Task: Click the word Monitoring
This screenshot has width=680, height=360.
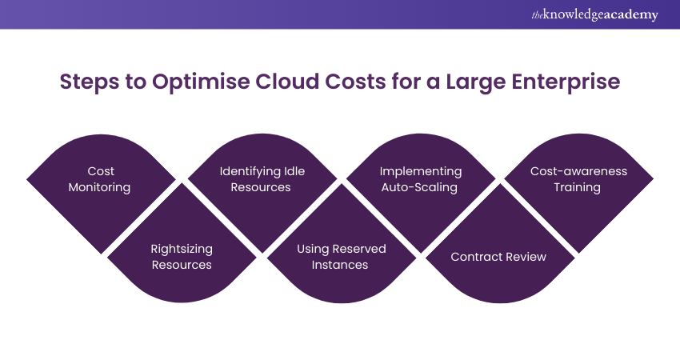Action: click(102, 187)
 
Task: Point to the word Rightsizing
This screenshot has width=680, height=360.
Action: click(182, 249)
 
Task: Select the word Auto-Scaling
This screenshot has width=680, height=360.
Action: click(421, 187)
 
